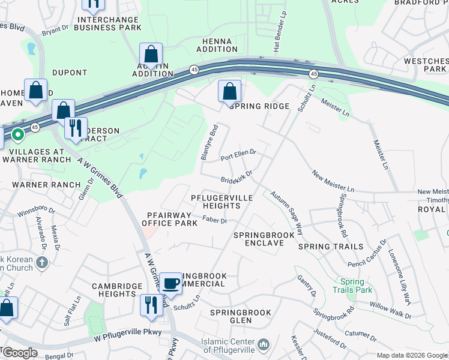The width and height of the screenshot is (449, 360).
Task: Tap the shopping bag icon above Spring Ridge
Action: pos(229,92)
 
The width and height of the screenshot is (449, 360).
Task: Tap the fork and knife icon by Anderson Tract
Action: pos(76,128)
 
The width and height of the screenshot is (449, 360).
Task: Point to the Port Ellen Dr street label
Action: pos(238,155)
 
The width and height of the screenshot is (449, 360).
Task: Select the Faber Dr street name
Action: pos(214,221)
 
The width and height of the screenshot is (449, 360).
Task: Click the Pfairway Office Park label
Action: pos(169,219)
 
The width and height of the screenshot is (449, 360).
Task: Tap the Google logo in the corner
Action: pos(19,353)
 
